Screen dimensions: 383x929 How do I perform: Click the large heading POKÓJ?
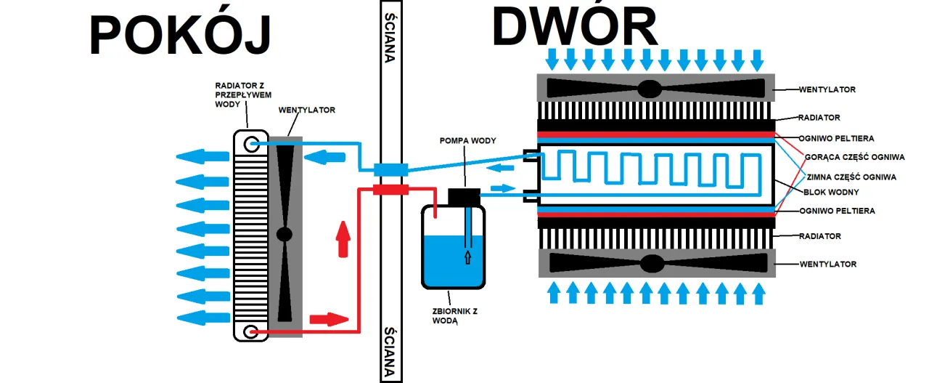(x=180, y=35)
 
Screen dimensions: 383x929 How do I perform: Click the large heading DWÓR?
(x=574, y=28)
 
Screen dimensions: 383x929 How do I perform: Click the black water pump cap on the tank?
(x=465, y=196)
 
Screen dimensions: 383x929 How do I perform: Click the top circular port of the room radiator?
(x=251, y=143)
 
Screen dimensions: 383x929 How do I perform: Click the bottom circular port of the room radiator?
(x=250, y=333)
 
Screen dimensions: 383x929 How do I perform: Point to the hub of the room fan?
(x=285, y=234)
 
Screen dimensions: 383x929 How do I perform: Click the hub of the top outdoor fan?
(x=650, y=89)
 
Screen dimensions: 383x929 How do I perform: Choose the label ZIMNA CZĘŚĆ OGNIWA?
(x=851, y=177)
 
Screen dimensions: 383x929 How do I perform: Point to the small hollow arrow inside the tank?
(x=467, y=257)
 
